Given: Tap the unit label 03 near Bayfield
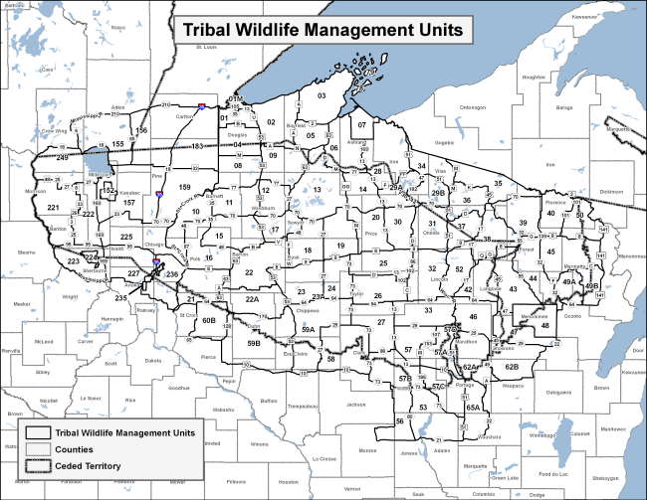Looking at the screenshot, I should click(x=322, y=95).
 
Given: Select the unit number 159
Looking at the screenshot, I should click(x=184, y=187).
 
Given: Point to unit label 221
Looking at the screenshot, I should click(x=53, y=208).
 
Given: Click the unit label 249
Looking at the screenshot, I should click(x=62, y=158).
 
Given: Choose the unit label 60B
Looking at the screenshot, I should click(x=209, y=320).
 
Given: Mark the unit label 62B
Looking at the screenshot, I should click(x=512, y=367).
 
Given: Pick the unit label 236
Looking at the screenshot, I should click(x=171, y=274).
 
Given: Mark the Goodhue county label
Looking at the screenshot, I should click(x=180, y=387).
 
